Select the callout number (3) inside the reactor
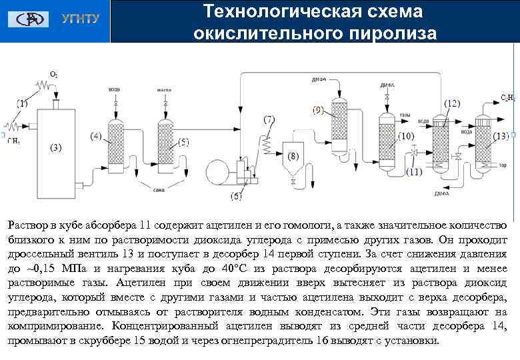coord(55,147)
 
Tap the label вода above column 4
coord(114,89)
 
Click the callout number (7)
coord(269,119)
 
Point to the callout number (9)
coord(318,109)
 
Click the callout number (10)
coord(406,136)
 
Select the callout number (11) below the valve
coord(414,171)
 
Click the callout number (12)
coord(451,103)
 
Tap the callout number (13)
coord(501,136)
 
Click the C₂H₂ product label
coord(507,98)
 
